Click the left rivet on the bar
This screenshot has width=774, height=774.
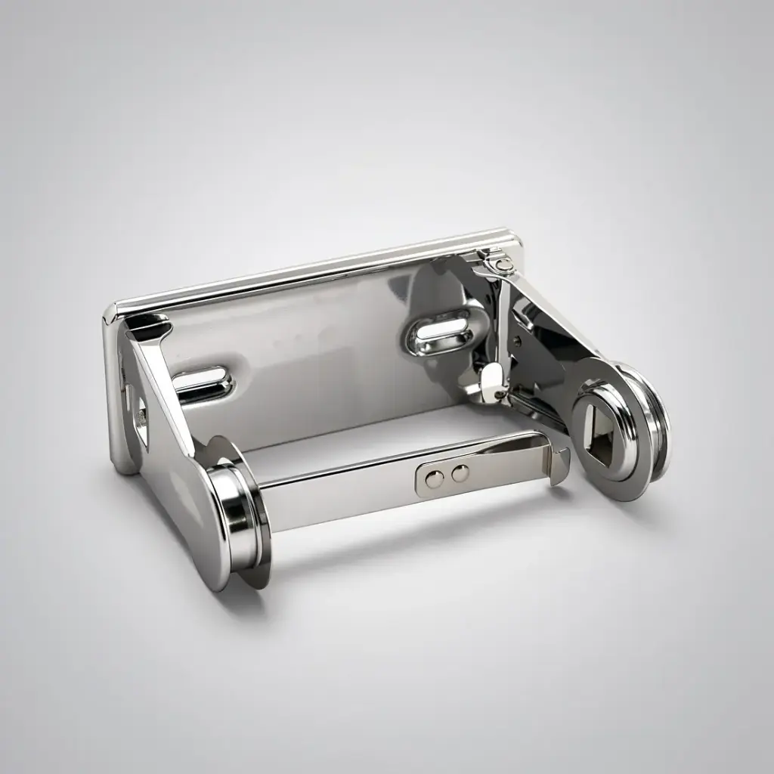pyautogui.click(x=435, y=478)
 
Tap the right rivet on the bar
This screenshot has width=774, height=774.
pyautogui.click(x=459, y=474)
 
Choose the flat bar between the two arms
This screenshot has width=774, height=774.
pyautogui.click(x=363, y=491)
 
